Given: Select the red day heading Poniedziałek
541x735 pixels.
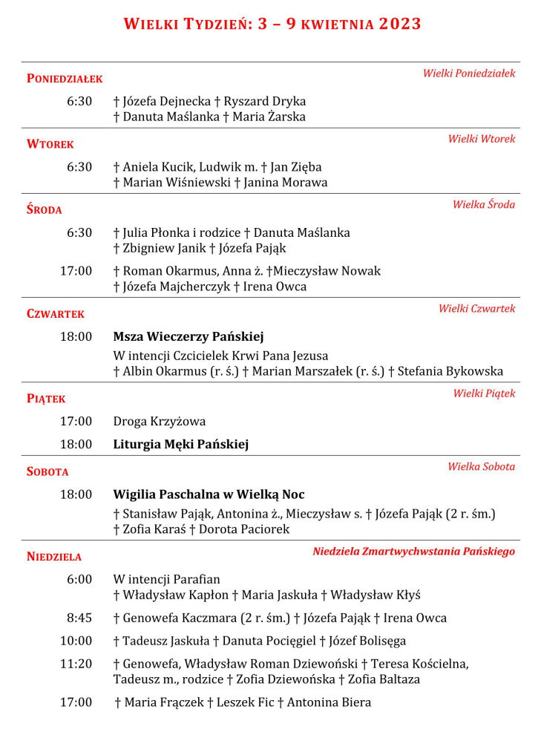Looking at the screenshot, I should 65,79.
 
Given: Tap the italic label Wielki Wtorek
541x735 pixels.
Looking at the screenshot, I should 481,139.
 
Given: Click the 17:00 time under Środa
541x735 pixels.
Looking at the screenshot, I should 76,271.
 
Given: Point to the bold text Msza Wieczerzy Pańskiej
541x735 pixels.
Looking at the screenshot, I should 188,336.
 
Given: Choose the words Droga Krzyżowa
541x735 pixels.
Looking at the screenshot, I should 160,422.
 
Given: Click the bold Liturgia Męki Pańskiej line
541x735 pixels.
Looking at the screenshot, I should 180,445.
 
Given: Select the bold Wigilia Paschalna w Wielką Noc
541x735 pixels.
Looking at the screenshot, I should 209,494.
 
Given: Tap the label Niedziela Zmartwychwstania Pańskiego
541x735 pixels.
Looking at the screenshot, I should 413,552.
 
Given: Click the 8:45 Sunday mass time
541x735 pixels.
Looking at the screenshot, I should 79,618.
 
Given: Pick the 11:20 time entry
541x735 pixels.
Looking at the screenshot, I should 76,664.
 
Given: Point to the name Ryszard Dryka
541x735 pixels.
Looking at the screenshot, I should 265,102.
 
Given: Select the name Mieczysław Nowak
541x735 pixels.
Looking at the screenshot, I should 338,272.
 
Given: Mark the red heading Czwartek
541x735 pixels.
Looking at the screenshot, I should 56,314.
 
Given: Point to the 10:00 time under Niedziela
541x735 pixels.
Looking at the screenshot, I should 76,641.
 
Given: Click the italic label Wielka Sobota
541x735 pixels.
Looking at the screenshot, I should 481,467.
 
